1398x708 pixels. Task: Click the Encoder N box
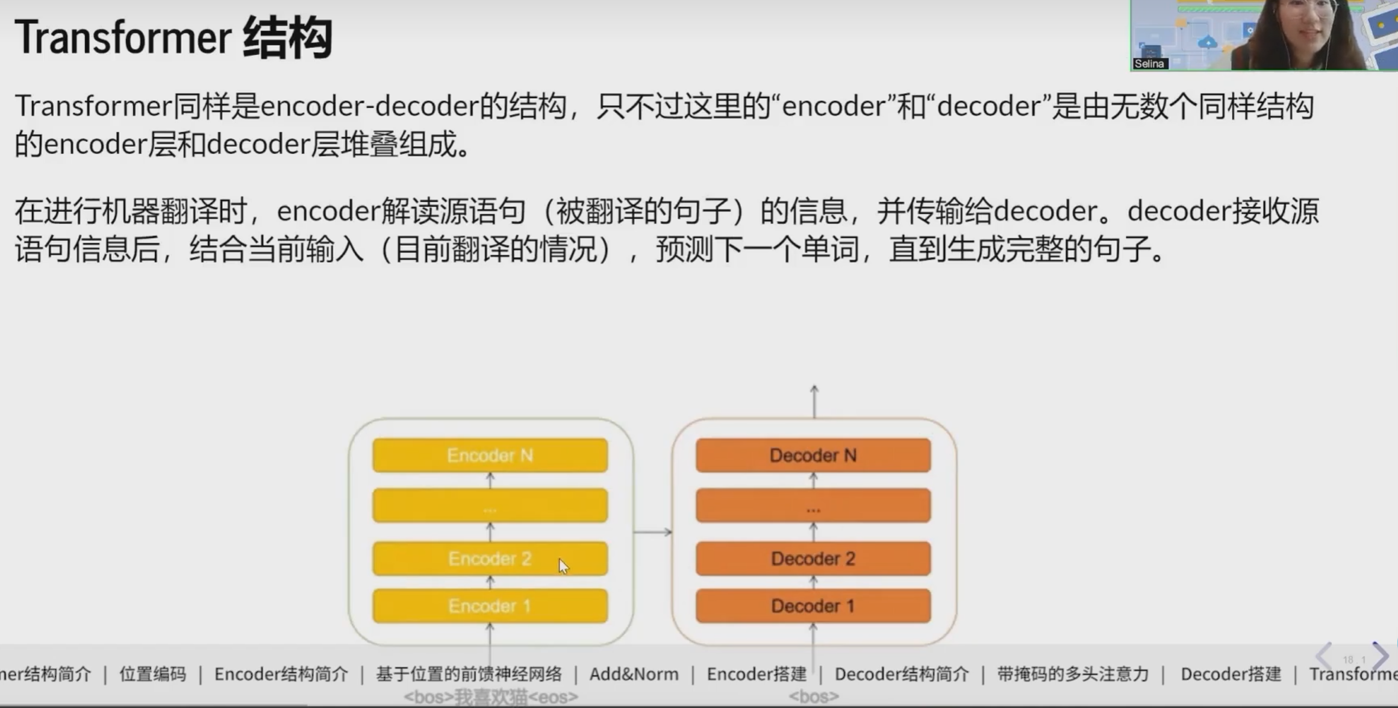coord(490,455)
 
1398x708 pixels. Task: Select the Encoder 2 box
coord(490,559)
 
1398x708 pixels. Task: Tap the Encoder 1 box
coord(490,606)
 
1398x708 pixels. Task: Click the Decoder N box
coord(813,455)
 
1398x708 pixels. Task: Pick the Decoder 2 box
coord(813,559)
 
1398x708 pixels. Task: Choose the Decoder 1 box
coord(813,606)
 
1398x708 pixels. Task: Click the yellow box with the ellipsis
coord(490,506)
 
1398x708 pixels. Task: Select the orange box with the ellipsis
coord(813,506)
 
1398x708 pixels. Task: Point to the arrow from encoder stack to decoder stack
coord(652,531)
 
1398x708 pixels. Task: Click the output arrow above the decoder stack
coord(814,401)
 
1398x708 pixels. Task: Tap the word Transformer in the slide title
coord(123,37)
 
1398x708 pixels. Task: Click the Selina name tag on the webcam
coord(1149,63)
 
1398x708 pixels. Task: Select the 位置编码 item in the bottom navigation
coord(152,674)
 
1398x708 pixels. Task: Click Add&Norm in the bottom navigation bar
coord(634,674)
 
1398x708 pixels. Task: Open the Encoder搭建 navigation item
coord(757,674)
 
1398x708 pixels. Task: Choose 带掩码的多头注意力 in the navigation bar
coord(1073,674)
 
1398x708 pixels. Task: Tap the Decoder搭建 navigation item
coord(1231,674)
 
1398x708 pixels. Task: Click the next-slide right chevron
coord(1381,656)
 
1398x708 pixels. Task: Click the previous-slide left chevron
coord(1324,656)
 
